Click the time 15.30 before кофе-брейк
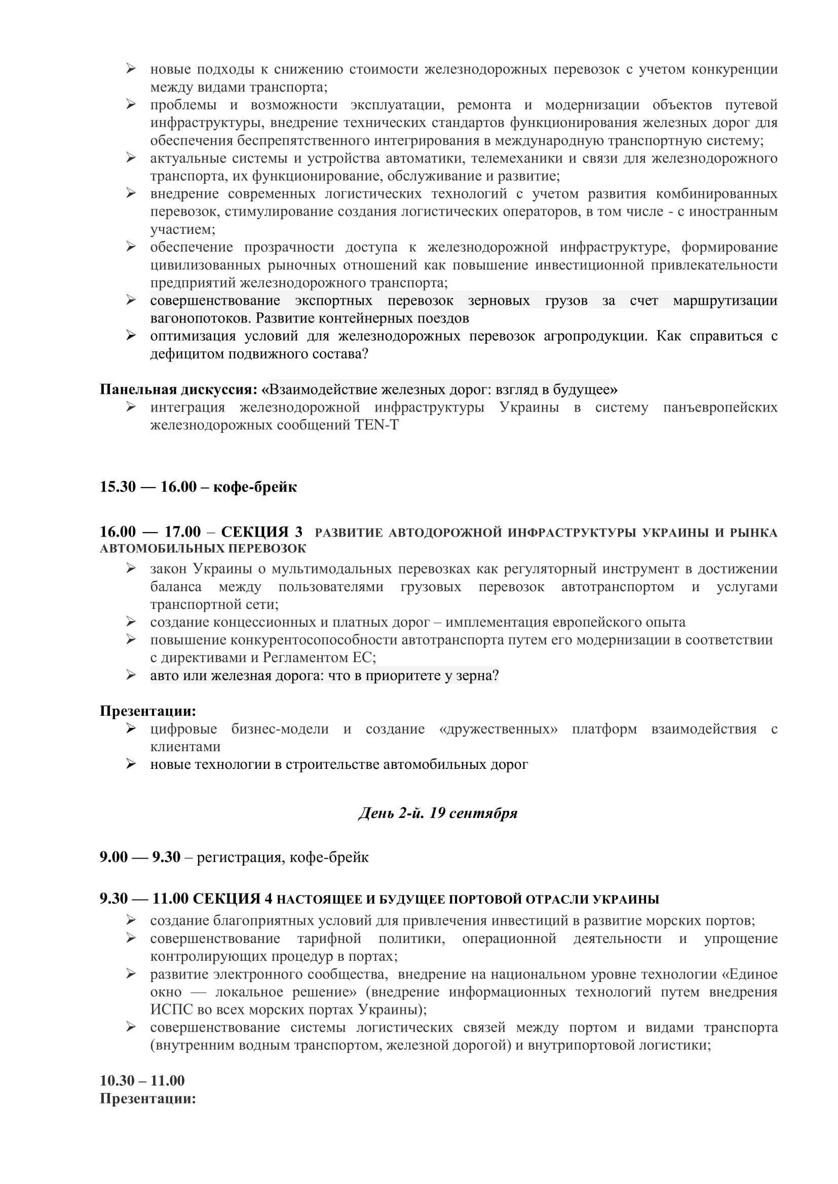(118, 487)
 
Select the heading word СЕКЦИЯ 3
(261, 532)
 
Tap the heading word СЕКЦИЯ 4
(232, 899)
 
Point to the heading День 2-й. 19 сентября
(438, 813)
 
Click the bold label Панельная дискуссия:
(178, 389)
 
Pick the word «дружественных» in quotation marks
(498, 728)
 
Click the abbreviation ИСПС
(171, 1009)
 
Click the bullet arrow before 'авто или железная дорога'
(131, 675)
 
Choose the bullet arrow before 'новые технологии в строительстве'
(131, 764)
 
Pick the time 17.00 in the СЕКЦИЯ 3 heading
(183, 532)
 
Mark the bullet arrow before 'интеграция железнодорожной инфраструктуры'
(131, 407)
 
